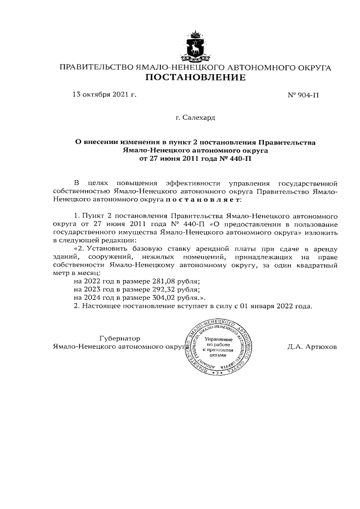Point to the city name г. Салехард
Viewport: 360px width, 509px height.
tap(195, 118)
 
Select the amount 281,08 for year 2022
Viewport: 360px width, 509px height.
tap(173, 281)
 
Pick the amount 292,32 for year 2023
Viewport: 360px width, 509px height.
tap(173, 289)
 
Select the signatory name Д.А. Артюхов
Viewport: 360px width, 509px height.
tap(312, 347)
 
